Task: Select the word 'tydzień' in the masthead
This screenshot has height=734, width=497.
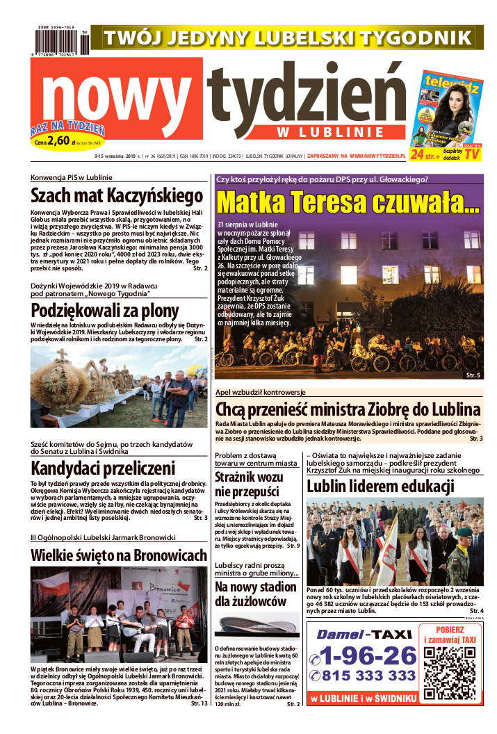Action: [x=306, y=97]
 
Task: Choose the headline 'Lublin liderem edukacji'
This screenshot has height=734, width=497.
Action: [x=380, y=486]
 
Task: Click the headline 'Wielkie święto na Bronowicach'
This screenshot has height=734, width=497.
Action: [x=119, y=555]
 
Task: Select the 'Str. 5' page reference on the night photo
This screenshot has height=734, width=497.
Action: [x=473, y=375]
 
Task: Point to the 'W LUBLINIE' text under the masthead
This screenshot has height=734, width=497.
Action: [x=341, y=132]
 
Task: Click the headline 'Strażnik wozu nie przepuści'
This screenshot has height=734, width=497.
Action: [x=249, y=484]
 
